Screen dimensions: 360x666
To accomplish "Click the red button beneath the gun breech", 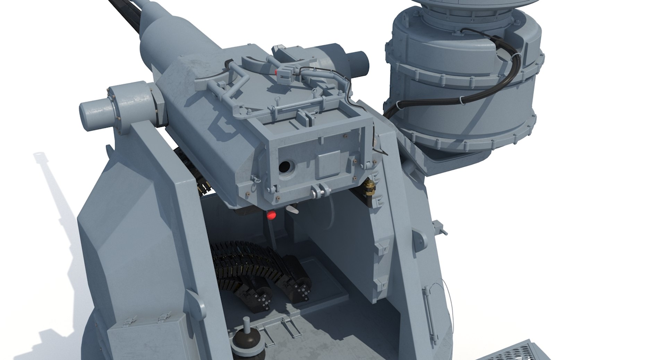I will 272,215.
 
